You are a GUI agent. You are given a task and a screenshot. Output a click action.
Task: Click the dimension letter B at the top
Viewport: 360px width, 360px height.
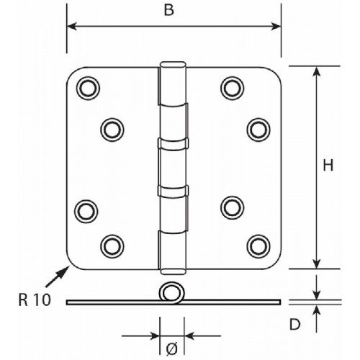(x=169, y=10)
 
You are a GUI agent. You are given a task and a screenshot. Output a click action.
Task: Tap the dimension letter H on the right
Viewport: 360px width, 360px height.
(x=328, y=166)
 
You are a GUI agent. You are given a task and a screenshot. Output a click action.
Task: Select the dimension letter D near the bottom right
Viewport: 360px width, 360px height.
(x=294, y=325)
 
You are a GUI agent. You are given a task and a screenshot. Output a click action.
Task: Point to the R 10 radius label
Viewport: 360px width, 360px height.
(x=35, y=300)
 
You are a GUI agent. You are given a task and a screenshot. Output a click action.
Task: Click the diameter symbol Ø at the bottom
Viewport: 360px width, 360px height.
(x=172, y=349)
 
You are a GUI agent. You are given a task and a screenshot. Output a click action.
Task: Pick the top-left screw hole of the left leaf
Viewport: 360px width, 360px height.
(x=88, y=88)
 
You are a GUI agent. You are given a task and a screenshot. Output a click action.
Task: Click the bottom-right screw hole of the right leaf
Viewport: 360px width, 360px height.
(x=258, y=246)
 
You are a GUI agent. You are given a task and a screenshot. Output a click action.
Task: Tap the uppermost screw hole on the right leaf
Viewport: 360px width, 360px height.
(x=232, y=88)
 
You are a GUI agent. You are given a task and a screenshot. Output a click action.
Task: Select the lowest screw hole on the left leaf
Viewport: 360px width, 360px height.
(x=112, y=246)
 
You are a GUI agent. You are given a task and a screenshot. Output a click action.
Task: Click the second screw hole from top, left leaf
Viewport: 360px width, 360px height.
(x=112, y=130)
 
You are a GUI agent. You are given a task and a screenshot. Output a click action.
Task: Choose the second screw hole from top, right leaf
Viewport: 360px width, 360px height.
(x=258, y=130)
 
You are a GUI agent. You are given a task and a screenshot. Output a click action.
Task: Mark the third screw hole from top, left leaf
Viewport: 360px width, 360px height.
(x=86, y=212)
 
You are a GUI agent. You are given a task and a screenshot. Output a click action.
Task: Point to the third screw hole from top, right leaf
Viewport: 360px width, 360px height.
(x=232, y=208)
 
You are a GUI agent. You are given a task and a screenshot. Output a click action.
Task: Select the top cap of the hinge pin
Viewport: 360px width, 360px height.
(x=173, y=65)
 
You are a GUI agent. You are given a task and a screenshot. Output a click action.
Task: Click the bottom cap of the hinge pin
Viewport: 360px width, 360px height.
(x=173, y=271)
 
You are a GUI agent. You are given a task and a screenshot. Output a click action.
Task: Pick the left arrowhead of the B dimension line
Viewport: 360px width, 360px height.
(x=72, y=26)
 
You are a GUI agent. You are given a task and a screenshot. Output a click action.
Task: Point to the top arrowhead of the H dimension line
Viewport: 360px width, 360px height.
(x=317, y=71)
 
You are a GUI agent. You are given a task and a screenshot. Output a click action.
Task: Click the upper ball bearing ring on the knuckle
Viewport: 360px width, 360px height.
(x=173, y=144)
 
